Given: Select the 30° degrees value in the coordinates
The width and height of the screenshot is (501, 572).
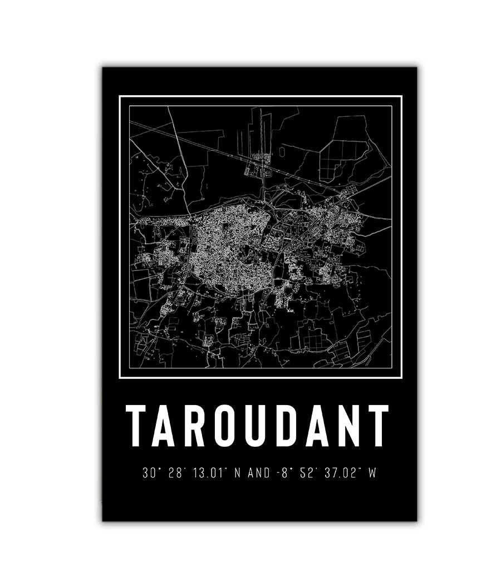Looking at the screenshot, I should coord(149,474).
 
